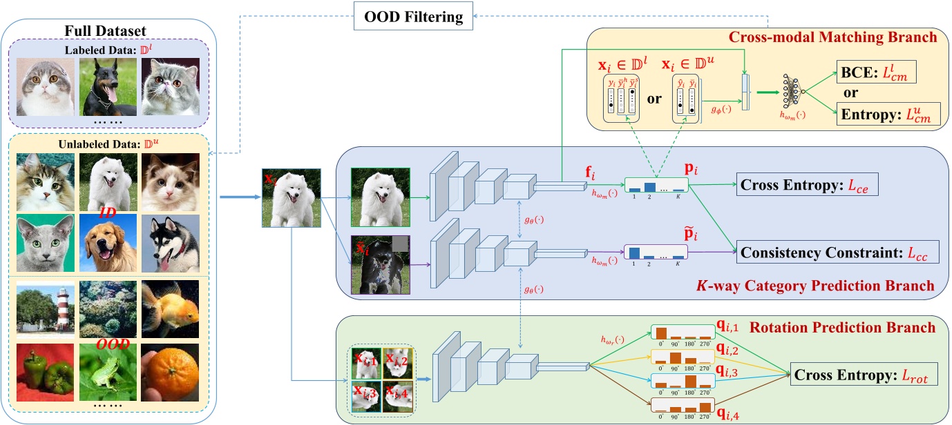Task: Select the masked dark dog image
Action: [x=381, y=265]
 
